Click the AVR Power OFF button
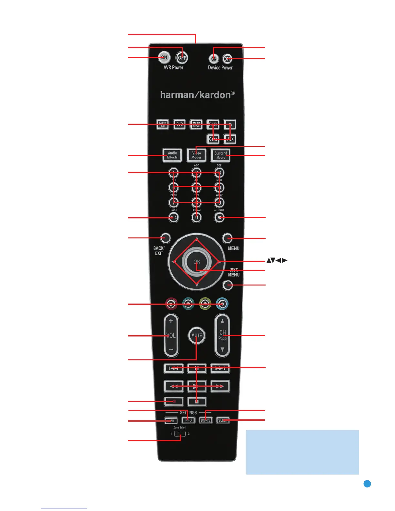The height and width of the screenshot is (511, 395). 182,58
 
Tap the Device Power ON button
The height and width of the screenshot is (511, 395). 214,59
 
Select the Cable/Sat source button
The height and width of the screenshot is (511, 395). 163,125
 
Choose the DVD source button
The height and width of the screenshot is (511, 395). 179,125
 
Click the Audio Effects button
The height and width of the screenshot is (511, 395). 172,155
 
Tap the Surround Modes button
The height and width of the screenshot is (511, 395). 220,155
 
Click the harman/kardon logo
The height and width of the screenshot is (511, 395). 197,95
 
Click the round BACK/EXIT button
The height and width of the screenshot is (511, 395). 165,238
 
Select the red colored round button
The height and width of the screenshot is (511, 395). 171,304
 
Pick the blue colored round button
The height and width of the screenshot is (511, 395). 222,304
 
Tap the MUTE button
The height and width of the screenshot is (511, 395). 197,336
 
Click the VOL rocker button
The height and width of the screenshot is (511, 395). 171,336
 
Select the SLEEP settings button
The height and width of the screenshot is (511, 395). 223,420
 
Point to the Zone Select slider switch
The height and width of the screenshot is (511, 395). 180,434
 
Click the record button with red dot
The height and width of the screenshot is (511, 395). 174,401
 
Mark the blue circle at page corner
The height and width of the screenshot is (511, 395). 367,484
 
